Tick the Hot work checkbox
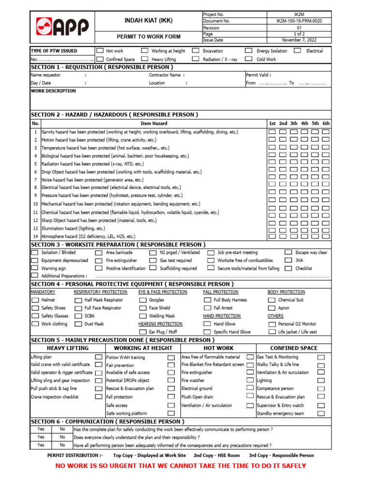(100, 51)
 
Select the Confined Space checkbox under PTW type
(100, 59)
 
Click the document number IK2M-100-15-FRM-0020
(299, 21)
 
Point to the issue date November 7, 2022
(299, 41)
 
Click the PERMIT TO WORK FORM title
(148, 37)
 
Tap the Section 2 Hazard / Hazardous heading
(114, 115)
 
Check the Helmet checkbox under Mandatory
(34, 300)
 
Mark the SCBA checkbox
(78, 316)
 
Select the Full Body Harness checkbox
(207, 300)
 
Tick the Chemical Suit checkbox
(271, 300)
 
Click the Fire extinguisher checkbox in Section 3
(99, 261)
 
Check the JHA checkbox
(288, 261)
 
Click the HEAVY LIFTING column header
(67, 348)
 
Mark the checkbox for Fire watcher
(250, 381)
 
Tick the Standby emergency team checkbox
(321, 414)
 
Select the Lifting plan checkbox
(99, 357)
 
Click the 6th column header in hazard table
(326, 124)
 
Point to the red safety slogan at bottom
(181, 466)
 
